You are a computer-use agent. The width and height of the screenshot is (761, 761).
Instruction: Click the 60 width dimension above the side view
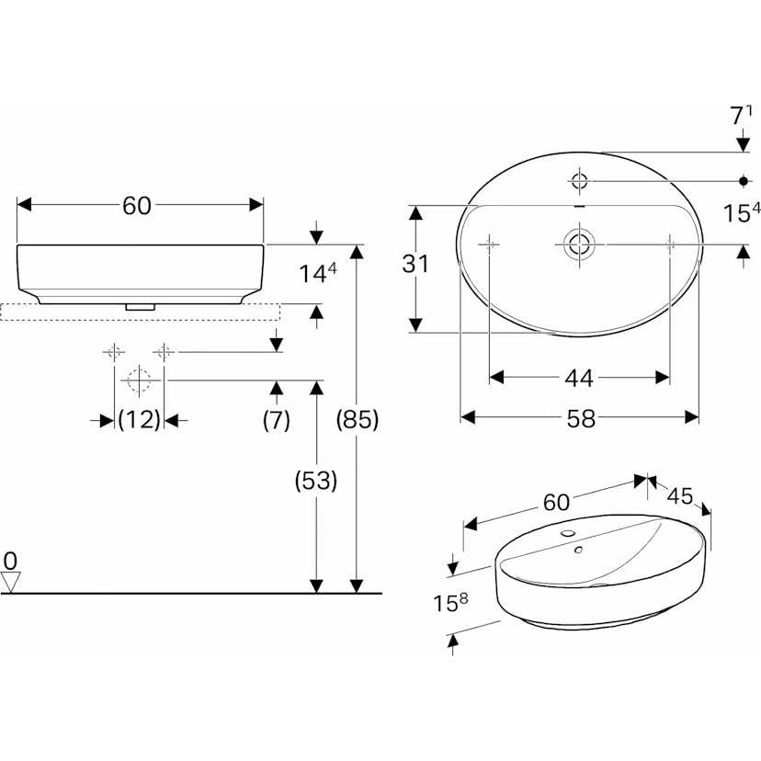pyautogui.click(x=137, y=207)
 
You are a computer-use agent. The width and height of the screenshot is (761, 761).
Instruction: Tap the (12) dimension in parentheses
pyautogui.click(x=140, y=420)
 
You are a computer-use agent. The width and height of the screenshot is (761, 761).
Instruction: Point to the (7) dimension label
pyautogui.click(x=276, y=420)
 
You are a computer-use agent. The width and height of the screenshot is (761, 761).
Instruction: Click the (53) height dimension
pyautogui.click(x=316, y=480)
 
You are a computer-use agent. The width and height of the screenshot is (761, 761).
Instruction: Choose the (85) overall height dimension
pyautogui.click(x=358, y=420)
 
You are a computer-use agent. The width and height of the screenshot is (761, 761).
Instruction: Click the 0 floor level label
pyautogui.click(x=10, y=560)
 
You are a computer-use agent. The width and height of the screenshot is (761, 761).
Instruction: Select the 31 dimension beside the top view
pyautogui.click(x=415, y=265)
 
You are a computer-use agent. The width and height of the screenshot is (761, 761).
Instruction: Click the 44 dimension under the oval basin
pyautogui.click(x=579, y=378)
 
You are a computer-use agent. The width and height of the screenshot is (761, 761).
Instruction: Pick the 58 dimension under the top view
pyautogui.click(x=581, y=418)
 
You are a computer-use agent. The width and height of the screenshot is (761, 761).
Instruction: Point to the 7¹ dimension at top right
pyautogui.click(x=741, y=117)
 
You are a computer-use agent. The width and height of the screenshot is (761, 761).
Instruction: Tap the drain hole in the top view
pyautogui.click(x=579, y=244)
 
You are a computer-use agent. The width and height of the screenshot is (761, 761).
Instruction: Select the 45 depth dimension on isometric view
pyautogui.click(x=680, y=495)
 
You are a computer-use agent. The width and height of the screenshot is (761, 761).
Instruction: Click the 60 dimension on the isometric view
pyautogui.click(x=556, y=502)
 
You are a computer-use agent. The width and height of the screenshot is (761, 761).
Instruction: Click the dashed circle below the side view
pyautogui.click(x=139, y=380)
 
